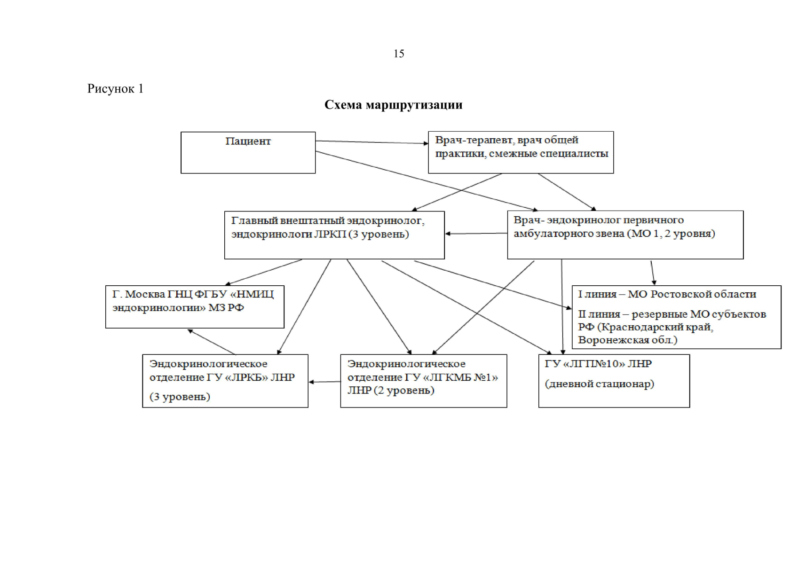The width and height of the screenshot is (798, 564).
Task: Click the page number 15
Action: pos(399,54)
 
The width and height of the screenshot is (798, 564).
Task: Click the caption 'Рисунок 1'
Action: pos(115,89)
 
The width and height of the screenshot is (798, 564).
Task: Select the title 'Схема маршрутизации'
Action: pos(393,105)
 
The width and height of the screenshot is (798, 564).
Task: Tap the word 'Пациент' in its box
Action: pos(248,141)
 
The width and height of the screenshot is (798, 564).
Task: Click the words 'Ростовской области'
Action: pos(705,294)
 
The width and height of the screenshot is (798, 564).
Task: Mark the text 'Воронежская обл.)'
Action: pos(628,340)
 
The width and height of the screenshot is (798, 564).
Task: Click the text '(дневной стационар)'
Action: pos(600,384)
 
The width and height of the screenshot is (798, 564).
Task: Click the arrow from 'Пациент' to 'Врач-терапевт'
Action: pos(371,142)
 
